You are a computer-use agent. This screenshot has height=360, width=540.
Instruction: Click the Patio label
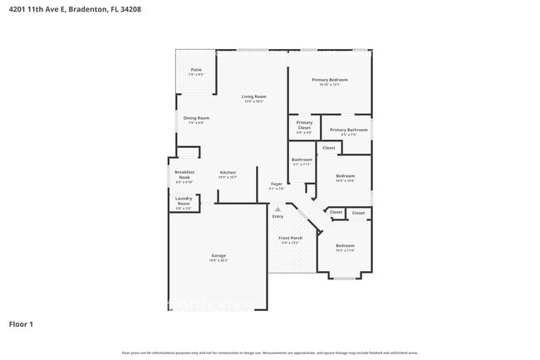pos(196,69)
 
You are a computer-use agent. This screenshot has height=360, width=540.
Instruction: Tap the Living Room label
pos(253,96)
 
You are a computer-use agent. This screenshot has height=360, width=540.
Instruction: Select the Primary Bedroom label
pos(330,79)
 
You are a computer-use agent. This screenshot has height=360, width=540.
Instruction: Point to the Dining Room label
pos(196,118)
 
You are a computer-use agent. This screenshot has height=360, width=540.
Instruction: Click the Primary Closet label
pos(304,126)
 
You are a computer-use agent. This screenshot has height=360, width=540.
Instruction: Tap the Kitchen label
pos(228,173)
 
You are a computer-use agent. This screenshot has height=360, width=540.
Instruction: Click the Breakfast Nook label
pos(184,175)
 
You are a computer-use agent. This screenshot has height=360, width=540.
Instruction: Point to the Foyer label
pos(277,184)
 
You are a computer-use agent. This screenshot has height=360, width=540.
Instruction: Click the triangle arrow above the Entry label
pos(277,209)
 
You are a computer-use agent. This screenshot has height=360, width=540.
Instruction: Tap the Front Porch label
pos(290,238)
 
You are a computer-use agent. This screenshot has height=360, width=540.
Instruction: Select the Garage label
pos(218,255)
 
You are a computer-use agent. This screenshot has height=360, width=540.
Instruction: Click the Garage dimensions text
pos(218,260)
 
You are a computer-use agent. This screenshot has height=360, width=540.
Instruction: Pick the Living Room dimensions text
pos(253,101)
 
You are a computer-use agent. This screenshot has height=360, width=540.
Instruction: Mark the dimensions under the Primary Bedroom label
pos(330,84)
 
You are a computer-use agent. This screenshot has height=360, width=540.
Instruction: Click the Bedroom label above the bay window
pos(345,245)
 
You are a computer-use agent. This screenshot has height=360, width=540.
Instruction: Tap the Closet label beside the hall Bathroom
pos(329,148)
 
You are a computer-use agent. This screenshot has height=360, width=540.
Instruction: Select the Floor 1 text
pos(22,323)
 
